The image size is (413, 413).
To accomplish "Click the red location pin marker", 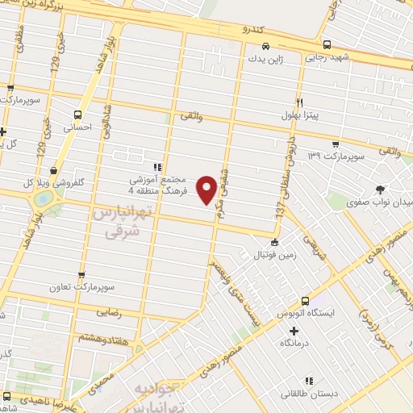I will coord(207,190).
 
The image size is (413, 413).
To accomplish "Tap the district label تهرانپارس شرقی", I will coord(125,221).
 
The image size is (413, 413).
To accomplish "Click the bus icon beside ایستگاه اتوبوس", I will coord(305,298).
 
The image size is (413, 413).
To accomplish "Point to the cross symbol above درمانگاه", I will coord(294,331).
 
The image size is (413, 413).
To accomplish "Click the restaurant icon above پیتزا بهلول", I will coord(299,103).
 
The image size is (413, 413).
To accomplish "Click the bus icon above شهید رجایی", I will coord(326,44).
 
